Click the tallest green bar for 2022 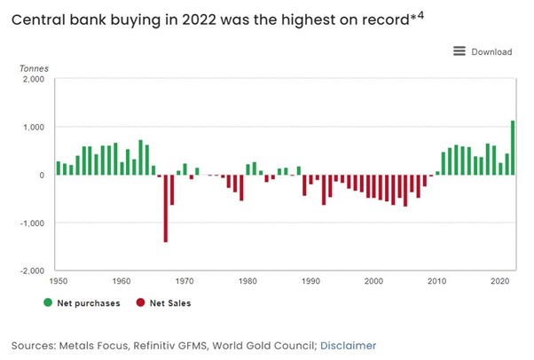point(513,148)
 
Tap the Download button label point(491,51)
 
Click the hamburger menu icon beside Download point(459,51)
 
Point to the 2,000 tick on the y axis point(33,80)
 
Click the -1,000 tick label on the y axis point(32,223)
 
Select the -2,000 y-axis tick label point(32,270)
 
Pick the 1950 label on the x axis point(59,281)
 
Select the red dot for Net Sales point(140,302)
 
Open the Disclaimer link point(348,345)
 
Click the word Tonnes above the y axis point(36,67)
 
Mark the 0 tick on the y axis point(41,175)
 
